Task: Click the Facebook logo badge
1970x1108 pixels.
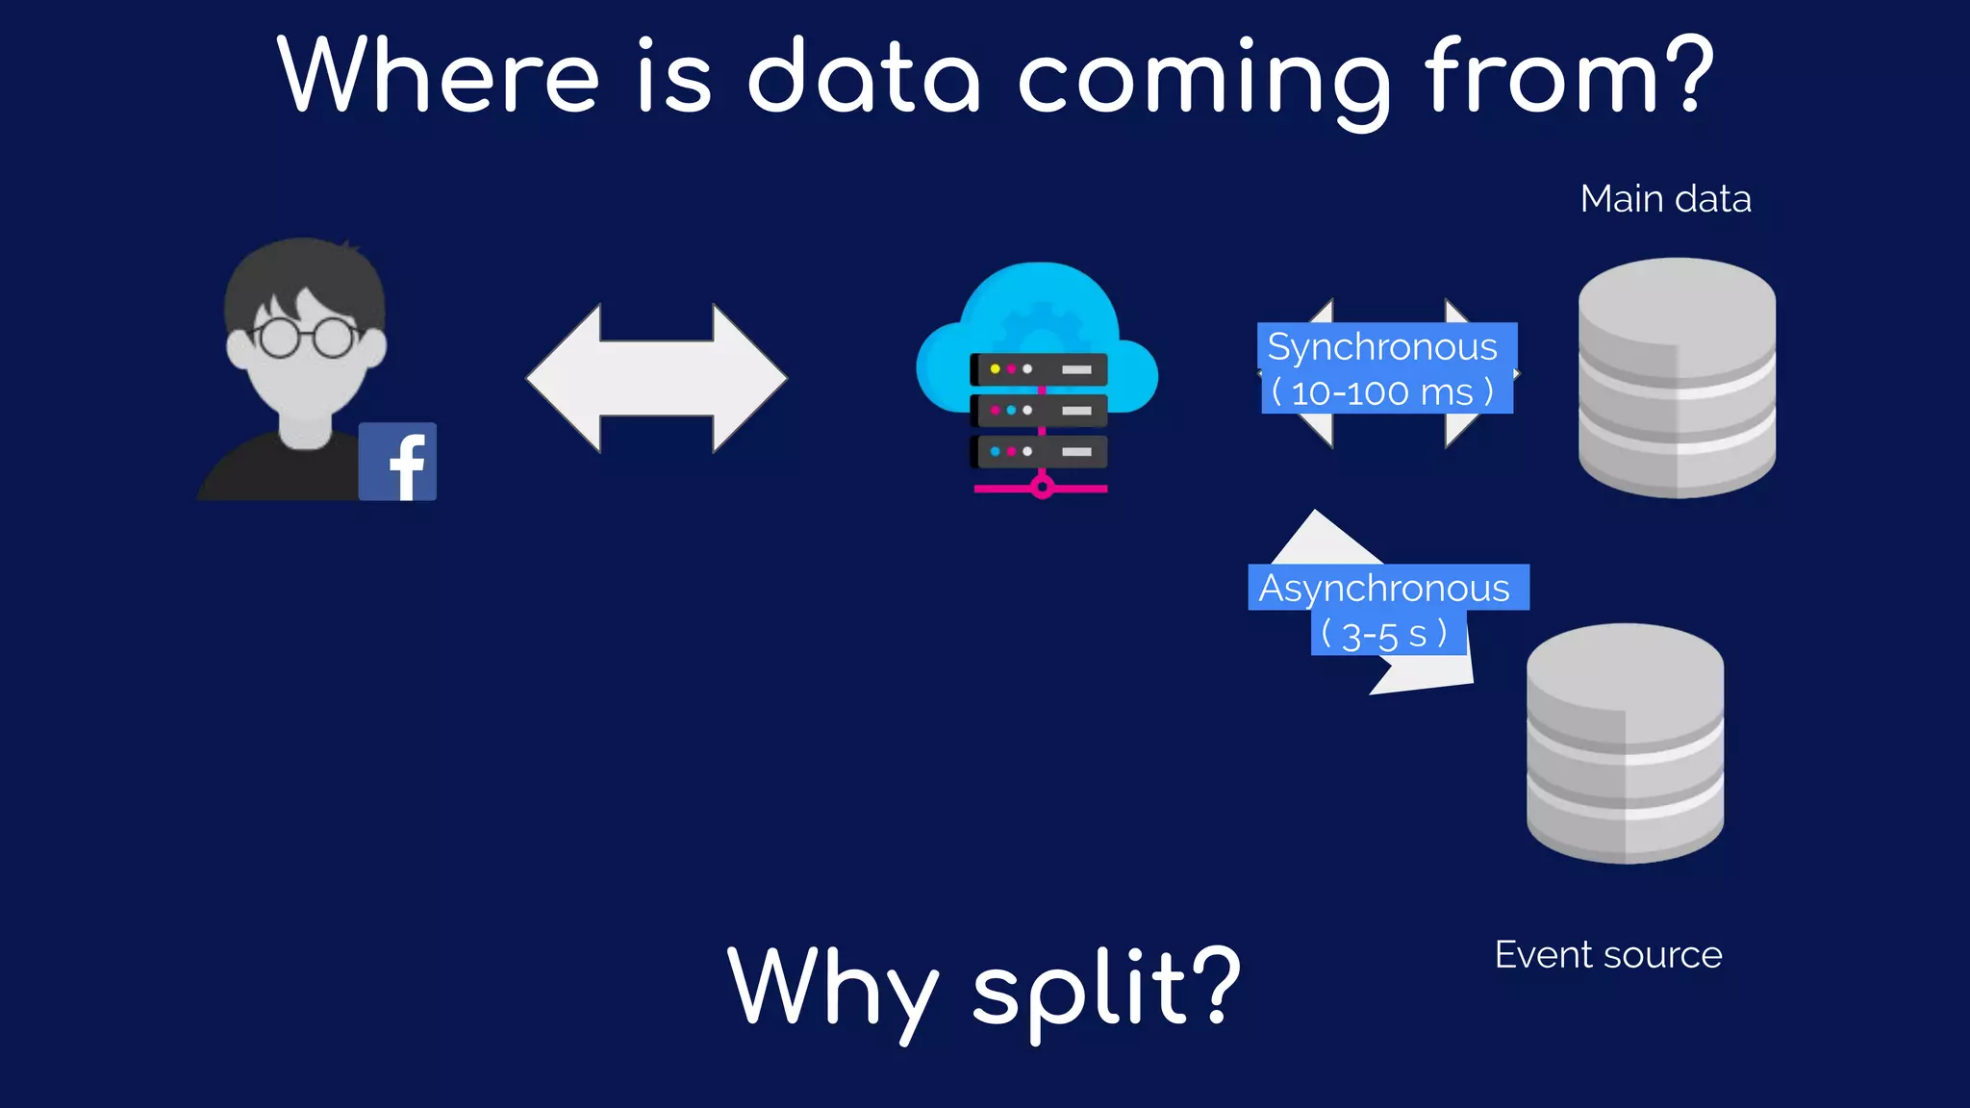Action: click(397, 462)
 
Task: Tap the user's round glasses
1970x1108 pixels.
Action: click(306, 338)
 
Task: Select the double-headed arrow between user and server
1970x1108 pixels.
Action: click(657, 378)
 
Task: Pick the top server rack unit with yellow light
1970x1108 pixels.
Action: click(1039, 369)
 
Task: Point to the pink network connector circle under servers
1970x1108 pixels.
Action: click(1042, 488)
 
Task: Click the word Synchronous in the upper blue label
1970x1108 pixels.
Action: click(1382, 346)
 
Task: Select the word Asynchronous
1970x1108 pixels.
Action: click(1384, 588)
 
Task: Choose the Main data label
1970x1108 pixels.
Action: click(1665, 199)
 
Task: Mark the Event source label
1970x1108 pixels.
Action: click(1607, 955)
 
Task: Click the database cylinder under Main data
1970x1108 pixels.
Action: click(1677, 377)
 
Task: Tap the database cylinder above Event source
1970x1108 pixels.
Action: click(1625, 743)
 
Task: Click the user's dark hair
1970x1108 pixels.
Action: click(306, 274)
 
